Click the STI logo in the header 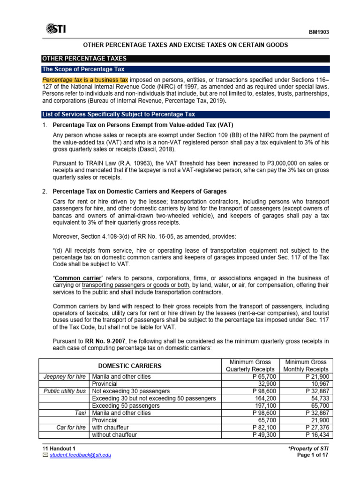[x=56, y=29]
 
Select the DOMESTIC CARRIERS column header [x=129, y=366]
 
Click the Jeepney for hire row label [x=65, y=376]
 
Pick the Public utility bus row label [x=66, y=391]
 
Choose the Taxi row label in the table [x=82, y=413]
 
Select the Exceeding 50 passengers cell [x=122, y=406]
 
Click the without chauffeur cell [x=116, y=435]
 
